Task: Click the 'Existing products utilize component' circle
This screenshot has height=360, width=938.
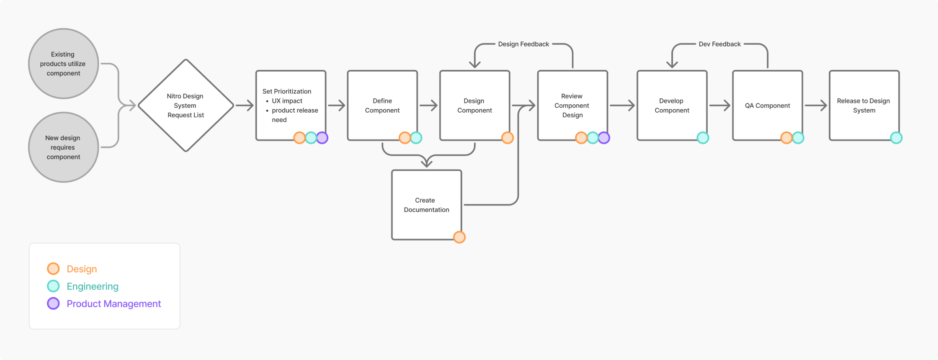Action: tap(63, 64)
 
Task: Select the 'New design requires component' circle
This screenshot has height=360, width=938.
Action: tap(63, 147)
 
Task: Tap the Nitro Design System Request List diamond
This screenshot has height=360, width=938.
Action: tap(186, 105)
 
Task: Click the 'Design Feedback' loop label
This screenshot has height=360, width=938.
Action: tap(523, 44)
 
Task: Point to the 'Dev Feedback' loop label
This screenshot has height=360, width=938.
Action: tap(719, 44)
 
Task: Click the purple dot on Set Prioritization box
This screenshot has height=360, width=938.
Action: tap(322, 138)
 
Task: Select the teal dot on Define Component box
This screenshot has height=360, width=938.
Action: tap(416, 138)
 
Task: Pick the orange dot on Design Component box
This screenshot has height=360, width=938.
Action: tap(508, 138)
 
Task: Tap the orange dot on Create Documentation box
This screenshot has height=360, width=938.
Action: tap(459, 237)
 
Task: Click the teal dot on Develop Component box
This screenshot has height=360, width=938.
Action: tap(703, 138)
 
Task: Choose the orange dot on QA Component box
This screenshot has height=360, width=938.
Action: tap(786, 138)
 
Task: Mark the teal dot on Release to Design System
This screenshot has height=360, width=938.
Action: tap(896, 138)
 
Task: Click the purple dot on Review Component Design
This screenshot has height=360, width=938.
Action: tap(604, 138)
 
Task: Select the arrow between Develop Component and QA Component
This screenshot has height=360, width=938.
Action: tap(719, 105)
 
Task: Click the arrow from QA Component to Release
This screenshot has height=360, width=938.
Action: tap(816, 105)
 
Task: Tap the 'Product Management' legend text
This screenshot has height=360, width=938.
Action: tap(113, 304)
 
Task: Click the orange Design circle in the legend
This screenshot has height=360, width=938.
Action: tap(53, 269)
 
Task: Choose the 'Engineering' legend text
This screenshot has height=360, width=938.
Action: tap(93, 286)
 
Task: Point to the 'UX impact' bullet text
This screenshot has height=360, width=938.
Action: tap(287, 101)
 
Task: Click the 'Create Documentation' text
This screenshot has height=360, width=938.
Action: tap(426, 205)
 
